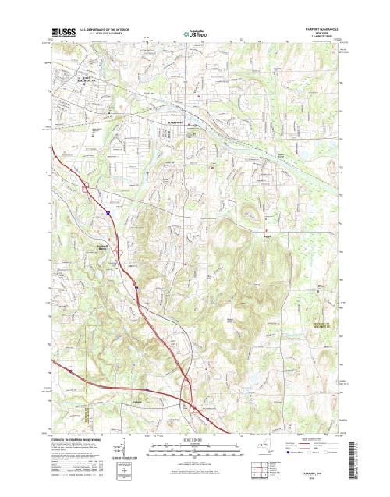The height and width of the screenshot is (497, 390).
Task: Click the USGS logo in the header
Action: click(63, 33)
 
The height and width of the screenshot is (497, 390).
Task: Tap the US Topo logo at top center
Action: click(194, 34)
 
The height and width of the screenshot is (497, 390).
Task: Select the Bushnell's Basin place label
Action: click(100, 245)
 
